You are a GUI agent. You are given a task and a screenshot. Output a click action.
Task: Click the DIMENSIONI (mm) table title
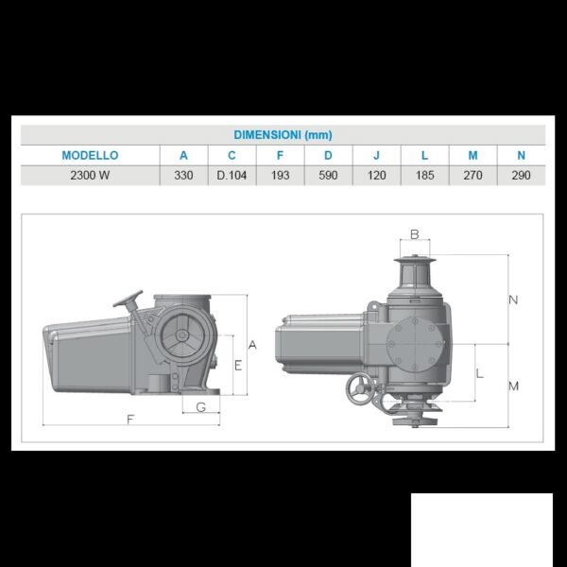[x=283, y=135]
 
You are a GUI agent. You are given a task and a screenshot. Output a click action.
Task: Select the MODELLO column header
[x=90, y=156]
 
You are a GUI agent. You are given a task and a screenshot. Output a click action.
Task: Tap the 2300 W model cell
[x=90, y=176]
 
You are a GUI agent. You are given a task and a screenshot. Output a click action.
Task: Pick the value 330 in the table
[x=183, y=176]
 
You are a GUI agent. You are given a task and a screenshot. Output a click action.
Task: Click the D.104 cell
[x=232, y=176]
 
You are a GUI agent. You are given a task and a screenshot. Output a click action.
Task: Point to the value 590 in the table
[x=328, y=176]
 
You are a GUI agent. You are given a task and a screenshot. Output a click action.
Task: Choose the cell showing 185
[x=424, y=176]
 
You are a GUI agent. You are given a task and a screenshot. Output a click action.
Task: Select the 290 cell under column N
[x=521, y=176]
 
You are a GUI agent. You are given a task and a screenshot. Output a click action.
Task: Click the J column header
[x=376, y=156]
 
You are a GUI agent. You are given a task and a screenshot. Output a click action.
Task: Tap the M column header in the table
[x=473, y=156]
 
